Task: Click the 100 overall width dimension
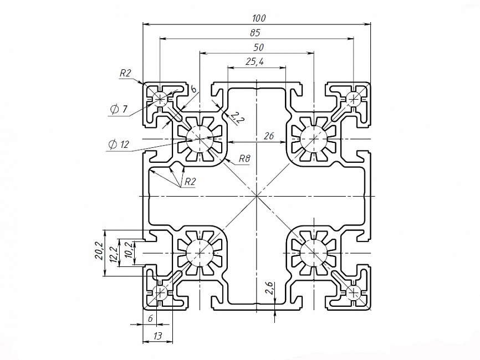click(259, 18)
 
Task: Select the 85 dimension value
click(255, 33)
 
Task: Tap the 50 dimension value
click(259, 48)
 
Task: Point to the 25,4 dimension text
click(255, 62)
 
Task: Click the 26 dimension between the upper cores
click(268, 136)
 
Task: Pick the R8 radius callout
click(244, 158)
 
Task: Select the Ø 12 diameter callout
click(119, 144)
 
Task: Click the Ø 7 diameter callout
click(119, 109)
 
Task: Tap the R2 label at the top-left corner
click(125, 73)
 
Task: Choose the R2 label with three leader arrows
click(190, 182)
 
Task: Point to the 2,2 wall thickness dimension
click(237, 117)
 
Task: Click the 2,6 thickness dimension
click(269, 288)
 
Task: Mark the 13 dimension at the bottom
click(157, 336)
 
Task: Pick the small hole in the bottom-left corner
click(160, 293)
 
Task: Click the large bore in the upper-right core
click(314, 138)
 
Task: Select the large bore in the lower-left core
click(200, 253)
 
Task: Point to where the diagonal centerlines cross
click(257, 196)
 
